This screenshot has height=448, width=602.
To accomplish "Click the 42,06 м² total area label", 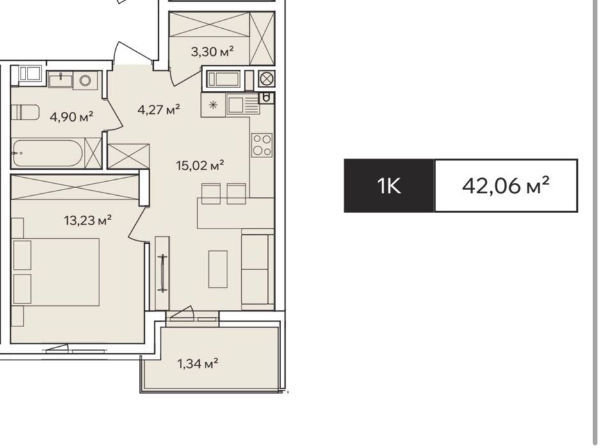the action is pyautogui.click(x=505, y=186).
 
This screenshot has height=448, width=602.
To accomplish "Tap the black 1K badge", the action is pyautogui.click(x=389, y=186).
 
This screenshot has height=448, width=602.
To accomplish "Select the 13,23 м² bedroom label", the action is pyautogui.click(x=88, y=220).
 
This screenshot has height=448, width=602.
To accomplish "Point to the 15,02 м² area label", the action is pyautogui.click(x=200, y=165).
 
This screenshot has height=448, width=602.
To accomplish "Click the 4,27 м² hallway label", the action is pyautogui.click(x=159, y=109).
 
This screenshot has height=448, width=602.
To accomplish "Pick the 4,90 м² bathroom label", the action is pyautogui.click(x=72, y=116).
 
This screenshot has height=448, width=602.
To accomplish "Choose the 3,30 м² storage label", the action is pyautogui.click(x=213, y=51).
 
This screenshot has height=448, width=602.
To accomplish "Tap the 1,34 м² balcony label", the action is pyautogui.click(x=198, y=363).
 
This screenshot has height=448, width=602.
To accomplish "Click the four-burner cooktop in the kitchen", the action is pyautogui.click(x=262, y=145).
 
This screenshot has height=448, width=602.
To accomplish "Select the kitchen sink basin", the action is pyautogui.click(x=236, y=104).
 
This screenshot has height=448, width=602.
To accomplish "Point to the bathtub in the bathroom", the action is pyautogui.click(x=47, y=153).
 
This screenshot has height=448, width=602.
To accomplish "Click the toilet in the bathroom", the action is pyautogui.click(x=25, y=113).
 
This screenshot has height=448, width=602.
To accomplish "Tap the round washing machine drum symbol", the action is pyautogui.click(x=85, y=81).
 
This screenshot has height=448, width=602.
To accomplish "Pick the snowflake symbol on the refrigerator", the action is pyautogui.click(x=213, y=105).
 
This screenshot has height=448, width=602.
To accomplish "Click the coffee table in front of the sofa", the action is pyautogui.click(x=218, y=269).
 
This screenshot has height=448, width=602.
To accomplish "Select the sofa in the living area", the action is pyautogui.click(x=257, y=269).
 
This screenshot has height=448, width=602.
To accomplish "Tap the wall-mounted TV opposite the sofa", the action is pyautogui.click(x=163, y=274).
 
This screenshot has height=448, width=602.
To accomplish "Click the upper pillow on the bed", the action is pyautogui.click(x=22, y=255).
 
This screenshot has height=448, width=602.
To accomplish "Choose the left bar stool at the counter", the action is pyautogui.click(x=211, y=193).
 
